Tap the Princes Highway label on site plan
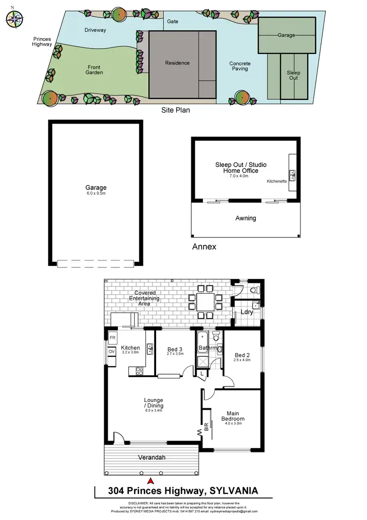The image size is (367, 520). coord(43,42)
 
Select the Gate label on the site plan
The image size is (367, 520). coord(172,22)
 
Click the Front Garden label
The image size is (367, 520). coord(95,70)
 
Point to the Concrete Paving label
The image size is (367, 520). coord(240,66)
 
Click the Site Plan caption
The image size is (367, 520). coord(176,111)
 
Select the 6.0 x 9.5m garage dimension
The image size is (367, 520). coord(95,194)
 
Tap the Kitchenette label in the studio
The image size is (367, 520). coord(276,181)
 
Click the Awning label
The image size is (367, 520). coord(246,218)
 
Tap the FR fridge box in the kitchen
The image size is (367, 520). coord(112,338)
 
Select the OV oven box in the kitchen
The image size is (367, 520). coord(112,352)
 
